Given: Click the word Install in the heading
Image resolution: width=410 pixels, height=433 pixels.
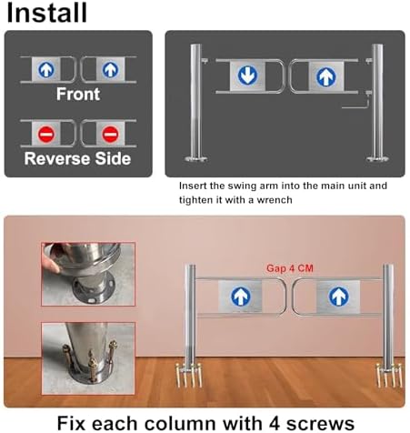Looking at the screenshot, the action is click(47, 12).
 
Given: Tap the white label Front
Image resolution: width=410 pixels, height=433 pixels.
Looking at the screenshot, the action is click(78, 94).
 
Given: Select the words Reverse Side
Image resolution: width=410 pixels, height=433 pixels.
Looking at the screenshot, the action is click(77, 158).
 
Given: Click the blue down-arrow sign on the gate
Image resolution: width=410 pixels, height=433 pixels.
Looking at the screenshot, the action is click(247, 76).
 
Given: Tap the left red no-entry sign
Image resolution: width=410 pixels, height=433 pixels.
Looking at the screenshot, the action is click(46, 134).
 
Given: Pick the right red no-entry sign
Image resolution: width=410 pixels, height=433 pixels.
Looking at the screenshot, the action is click(110, 134).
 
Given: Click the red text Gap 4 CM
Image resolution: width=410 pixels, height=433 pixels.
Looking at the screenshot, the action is click(290, 268).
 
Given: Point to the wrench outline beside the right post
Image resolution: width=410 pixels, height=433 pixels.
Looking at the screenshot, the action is click(356, 103).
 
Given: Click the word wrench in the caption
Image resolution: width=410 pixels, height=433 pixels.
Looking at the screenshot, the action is click(275, 200).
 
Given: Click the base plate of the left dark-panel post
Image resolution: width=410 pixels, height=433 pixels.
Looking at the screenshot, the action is click(196, 158).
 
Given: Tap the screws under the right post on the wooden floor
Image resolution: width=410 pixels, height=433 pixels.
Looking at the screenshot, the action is click(389, 375).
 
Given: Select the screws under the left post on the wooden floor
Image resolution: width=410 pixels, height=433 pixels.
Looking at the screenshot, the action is click(189, 376).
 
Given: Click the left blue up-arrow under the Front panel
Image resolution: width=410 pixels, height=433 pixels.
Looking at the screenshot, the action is click(46, 70).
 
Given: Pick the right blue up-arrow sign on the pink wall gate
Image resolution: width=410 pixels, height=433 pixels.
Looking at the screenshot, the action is click(338, 297).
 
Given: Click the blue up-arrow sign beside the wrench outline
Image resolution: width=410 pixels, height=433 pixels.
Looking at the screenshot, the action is click(326, 76).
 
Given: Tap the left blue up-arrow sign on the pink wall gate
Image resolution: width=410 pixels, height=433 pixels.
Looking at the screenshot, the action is click(241, 296).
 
